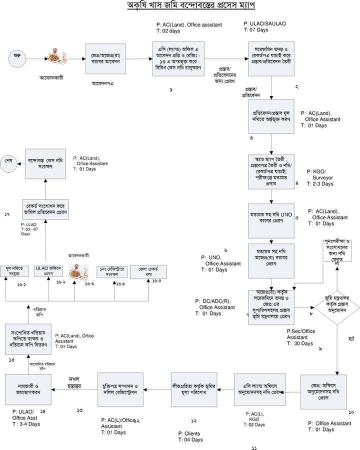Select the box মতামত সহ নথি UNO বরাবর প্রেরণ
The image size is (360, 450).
[x=270, y=220]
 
